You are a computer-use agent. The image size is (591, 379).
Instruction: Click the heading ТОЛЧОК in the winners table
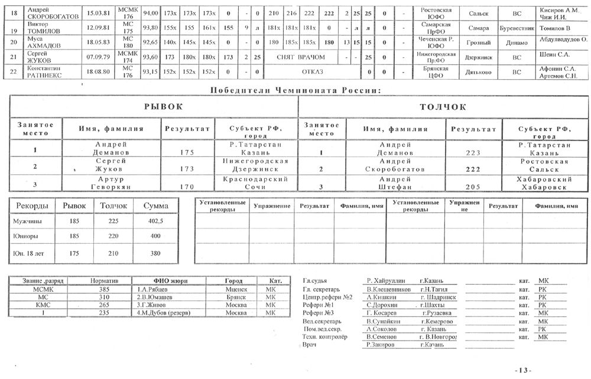(x=443, y=107)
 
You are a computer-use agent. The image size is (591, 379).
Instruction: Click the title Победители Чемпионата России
(x=294, y=90)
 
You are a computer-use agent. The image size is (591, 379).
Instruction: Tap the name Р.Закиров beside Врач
(x=380, y=345)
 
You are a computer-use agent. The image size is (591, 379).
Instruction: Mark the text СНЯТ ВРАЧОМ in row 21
(x=301, y=57)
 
